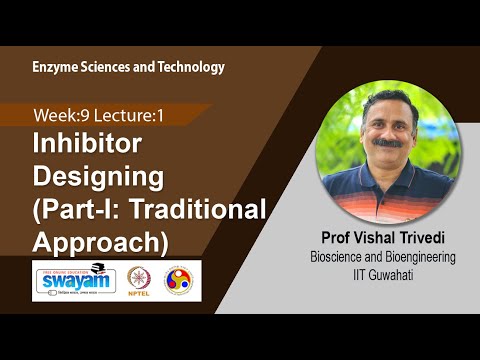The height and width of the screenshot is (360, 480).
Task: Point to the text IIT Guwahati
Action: (x=384, y=273)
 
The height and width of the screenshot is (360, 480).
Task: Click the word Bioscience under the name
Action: (x=338, y=257)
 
